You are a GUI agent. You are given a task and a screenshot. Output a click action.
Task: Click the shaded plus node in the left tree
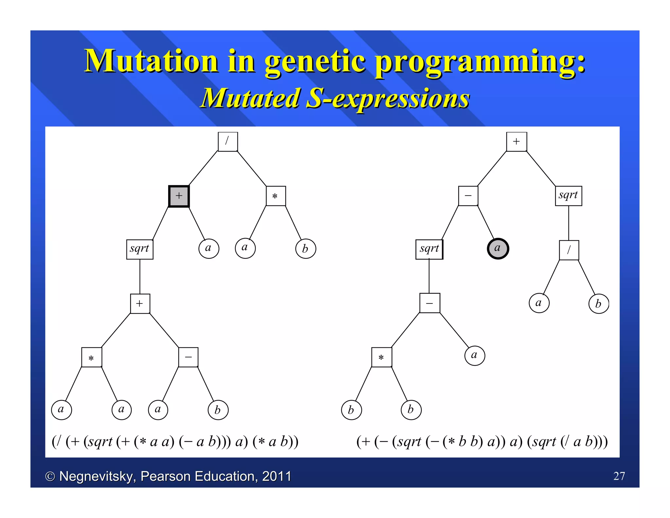pyautogui.click(x=179, y=196)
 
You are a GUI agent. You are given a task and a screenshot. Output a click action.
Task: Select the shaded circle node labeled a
pyautogui.click(x=498, y=249)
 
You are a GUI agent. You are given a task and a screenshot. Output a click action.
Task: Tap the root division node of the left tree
pyautogui.click(x=228, y=141)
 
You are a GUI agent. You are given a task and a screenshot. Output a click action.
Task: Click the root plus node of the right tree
pyautogui.click(x=516, y=141)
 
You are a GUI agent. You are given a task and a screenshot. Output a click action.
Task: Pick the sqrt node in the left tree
pyautogui.click(x=140, y=249)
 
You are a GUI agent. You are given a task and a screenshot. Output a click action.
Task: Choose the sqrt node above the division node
pyautogui.click(x=568, y=195)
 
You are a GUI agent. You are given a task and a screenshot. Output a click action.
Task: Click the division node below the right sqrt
pyautogui.click(x=569, y=250)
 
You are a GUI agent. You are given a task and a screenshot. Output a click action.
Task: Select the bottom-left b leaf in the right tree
pyautogui.click(x=351, y=410)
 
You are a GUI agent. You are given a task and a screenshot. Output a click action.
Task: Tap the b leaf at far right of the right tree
pyautogui.click(x=598, y=304)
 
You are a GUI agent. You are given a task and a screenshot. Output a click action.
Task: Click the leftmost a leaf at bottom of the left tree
pyautogui.click(x=61, y=410)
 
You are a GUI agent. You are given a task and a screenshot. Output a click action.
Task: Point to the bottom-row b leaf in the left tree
pyautogui.click(x=218, y=410)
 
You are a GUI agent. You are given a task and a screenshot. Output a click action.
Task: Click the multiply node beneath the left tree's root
pyautogui.click(x=275, y=196)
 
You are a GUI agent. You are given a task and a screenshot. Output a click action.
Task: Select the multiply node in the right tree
pyautogui.click(x=381, y=357)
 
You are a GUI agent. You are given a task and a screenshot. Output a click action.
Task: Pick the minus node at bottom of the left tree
pyautogui.click(x=188, y=357)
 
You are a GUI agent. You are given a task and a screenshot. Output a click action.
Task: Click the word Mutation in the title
pyautogui.click(x=151, y=61)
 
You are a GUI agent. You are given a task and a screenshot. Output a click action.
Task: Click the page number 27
pyautogui.click(x=619, y=476)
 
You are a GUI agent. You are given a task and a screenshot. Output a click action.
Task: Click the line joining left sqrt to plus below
pyautogui.click(x=140, y=277)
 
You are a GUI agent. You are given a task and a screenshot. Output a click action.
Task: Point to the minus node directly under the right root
pyautogui.click(x=468, y=196)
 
